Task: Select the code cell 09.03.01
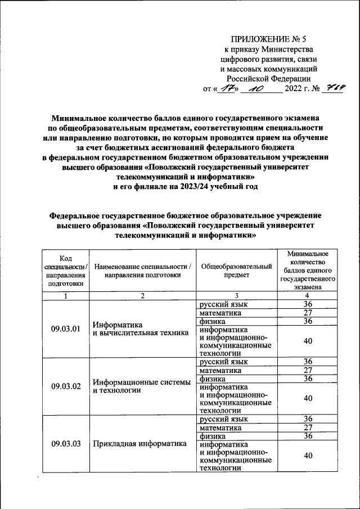[66, 328]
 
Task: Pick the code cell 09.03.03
[66, 443]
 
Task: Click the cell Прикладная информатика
[139, 443]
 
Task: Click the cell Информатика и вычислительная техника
[140, 328]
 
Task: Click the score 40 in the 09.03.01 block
[308, 341]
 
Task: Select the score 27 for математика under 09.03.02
[308, 371]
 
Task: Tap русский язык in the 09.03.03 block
[224, 419]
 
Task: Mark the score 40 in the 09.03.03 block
[308, 456]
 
